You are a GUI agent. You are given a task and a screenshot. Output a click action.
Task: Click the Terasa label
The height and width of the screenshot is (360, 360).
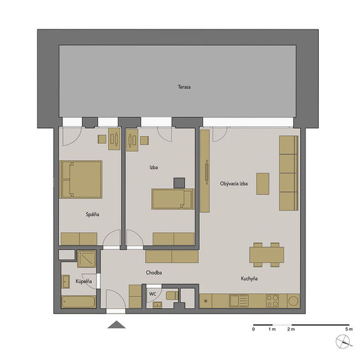click(x=184, y=87)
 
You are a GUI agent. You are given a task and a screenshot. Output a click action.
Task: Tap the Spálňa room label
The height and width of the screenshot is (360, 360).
click(x=92, y=214)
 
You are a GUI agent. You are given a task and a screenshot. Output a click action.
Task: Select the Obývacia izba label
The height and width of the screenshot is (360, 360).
click(x=234, y=184)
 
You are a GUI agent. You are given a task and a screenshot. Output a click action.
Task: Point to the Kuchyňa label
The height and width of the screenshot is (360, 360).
click(x=249, y=279)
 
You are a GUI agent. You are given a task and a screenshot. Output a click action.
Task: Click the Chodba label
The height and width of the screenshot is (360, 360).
click(x=154, y=272)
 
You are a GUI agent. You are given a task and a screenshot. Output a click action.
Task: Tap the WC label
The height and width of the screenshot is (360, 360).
click(x=152, y=294)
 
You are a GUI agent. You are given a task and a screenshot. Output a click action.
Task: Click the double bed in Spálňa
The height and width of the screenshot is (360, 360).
click(x=81, y=179)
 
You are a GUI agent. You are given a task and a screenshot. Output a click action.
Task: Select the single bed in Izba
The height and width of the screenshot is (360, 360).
click(x=172, y=199)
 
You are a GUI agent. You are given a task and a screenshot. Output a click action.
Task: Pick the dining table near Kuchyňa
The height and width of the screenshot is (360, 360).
click(x=266, y=255)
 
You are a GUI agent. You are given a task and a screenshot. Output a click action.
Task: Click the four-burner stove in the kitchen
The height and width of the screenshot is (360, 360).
click(x=272, y=301)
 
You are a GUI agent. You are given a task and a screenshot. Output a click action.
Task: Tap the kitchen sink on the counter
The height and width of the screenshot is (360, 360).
click(x=239, y=301)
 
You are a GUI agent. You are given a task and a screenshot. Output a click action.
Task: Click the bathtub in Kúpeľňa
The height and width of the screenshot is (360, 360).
click(x=79, y=302)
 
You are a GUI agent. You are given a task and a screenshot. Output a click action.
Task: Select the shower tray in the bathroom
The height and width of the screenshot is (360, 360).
click(x=86, y=259)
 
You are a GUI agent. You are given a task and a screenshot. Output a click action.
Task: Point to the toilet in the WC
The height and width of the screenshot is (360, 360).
click(x=172, y=296)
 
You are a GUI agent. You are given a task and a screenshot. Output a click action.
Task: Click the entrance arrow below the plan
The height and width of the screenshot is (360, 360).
click(x=116, y=324)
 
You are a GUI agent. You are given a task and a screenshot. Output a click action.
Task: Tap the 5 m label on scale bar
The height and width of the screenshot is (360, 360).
click(x=349, y=329)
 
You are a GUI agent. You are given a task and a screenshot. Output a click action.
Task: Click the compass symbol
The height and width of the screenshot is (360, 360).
click(x=343, y=342)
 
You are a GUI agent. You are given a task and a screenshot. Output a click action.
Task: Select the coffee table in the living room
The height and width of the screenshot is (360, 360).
click(x=262, y=184)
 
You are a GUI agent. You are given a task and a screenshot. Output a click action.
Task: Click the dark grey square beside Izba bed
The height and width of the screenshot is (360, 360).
click(x=179, y=183)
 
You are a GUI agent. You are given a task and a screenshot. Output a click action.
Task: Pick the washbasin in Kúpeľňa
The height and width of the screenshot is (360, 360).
click(x=66, y=281)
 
